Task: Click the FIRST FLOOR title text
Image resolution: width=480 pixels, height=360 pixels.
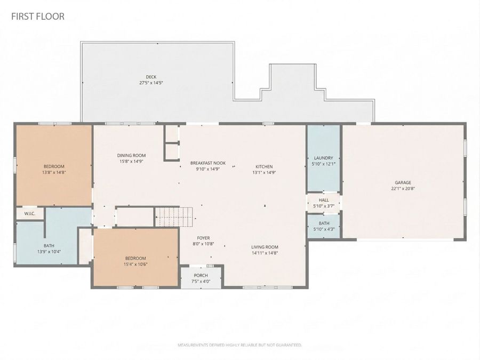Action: (x=38, y=17)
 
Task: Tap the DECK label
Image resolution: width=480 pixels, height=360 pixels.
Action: (x=151, y=77)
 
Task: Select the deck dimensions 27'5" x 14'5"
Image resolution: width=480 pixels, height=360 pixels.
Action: (x=151, y=83)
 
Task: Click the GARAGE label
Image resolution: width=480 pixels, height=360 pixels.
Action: (x=404, y=182)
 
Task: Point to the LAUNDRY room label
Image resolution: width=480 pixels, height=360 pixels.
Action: (x=323, y=158)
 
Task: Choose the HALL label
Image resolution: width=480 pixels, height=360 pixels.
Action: (x=324, y=201)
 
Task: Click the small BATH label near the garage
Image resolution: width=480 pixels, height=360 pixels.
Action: (x=324, y=223)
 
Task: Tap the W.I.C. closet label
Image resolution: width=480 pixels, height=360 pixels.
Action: (x=29, y=213)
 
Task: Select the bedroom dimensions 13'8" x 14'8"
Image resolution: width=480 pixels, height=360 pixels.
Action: (x=54, y=172)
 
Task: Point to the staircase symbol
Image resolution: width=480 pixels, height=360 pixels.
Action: (x=174, y=217)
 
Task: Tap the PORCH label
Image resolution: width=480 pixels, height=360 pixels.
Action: (x=201, y=275)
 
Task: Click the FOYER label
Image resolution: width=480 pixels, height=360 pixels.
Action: (x=203, y=238)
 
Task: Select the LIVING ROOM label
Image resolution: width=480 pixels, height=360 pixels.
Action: (x=265, y=247)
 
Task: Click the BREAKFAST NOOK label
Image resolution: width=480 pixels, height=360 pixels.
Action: (x=208, y=163)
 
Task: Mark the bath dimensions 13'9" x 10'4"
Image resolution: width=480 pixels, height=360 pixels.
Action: (x=49, y=252)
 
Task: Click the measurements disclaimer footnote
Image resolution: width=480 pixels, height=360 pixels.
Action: (x=239, y=345)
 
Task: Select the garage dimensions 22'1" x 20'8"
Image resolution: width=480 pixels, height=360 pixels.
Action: (x=404, y=188)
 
